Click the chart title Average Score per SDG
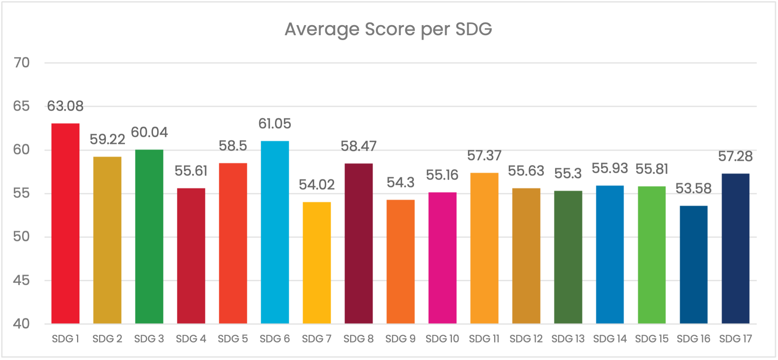[388, 30]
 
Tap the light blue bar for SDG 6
[275, 232]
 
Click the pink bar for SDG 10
[442, 258]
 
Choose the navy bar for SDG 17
[735, 248]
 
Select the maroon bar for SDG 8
[359, 243]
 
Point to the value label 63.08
[65, 106]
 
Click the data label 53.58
[693, 189]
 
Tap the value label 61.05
[275, 124]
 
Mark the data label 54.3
[401, 183]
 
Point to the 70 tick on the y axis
[21, 63]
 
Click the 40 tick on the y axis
[21, 324]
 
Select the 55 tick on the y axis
[21, 193]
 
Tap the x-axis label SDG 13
[568, 339]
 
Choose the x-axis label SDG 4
[191, 339]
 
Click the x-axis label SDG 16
[693, 339]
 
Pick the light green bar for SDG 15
[652, 255]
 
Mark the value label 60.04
[149, 132]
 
